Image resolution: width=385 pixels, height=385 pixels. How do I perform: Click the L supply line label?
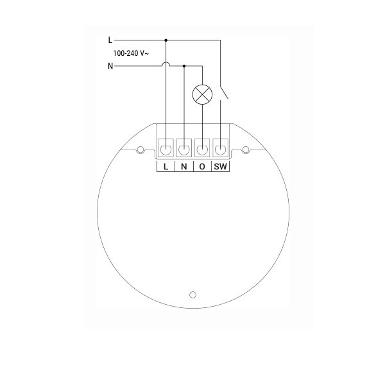[x=110, y=40]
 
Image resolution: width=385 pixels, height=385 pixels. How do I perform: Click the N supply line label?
[x=110, y=66]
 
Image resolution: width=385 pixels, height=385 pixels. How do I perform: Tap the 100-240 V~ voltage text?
[x=131, y=53]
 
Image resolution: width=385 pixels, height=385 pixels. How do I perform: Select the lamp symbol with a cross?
[x=202, y=94]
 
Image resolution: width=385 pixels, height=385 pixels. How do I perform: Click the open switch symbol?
[x=224, y=92]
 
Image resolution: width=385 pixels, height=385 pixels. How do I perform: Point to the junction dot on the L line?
[x=166, y=40]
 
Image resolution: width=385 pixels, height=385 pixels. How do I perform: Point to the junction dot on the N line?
[x=184, y=66]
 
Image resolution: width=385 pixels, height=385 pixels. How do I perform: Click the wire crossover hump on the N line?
[x=166, y=64]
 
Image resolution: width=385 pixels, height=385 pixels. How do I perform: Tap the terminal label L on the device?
[x=166, y=167]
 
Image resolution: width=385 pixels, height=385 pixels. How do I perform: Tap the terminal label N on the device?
[x=184, y=167]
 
